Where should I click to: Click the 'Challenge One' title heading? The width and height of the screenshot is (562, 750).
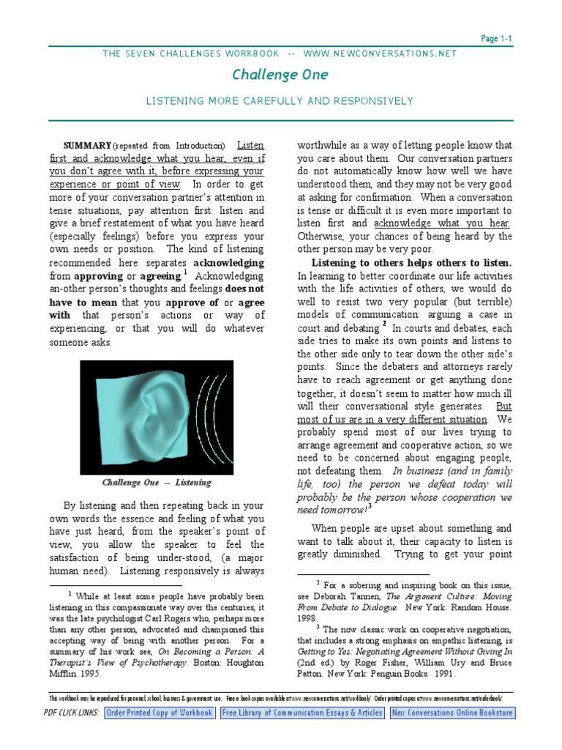[280, 75]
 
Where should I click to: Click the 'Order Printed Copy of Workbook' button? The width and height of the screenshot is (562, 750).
[160, 713]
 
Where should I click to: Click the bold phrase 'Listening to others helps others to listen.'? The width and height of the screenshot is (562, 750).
[412, 263]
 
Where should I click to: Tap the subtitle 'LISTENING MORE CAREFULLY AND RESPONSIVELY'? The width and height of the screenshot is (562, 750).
[280, 100]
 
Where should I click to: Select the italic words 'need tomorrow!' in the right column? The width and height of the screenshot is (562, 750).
[331, 510]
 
